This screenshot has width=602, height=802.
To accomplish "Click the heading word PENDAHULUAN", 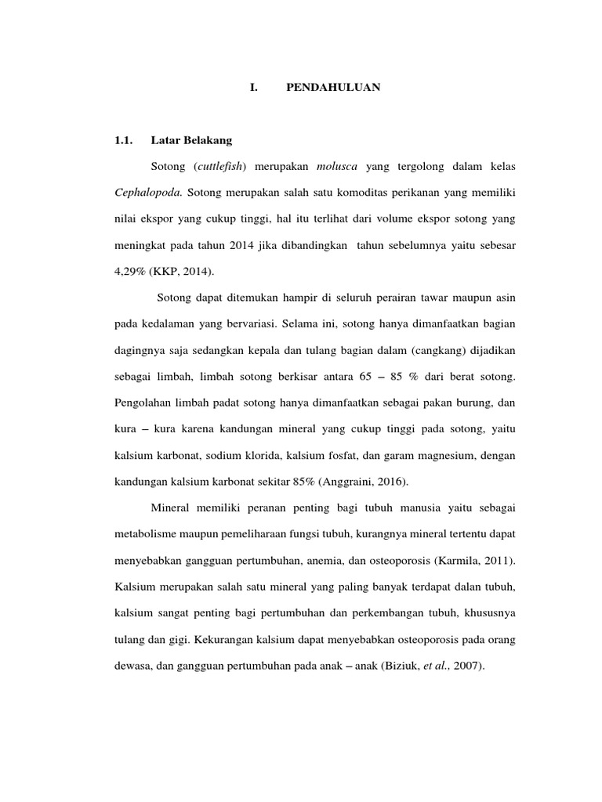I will coord(333,88).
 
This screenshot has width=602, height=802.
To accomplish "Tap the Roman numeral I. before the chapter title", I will coord(253,88).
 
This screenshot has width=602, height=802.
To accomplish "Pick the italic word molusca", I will coord(337,168).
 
